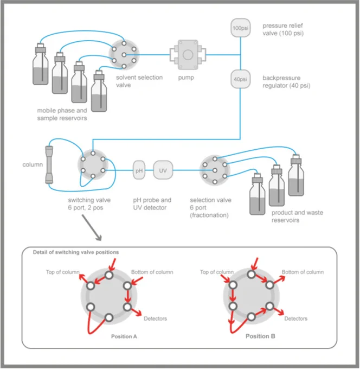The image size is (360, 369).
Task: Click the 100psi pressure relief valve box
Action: pyautogui.click(x=240, y=28)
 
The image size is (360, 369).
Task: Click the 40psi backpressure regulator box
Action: pyautogui.click(x=240, y=79)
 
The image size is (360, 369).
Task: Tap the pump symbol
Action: pyautogui.click(x=188, y=55)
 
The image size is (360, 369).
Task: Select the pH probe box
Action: pyautogui.click(x=139, y=170)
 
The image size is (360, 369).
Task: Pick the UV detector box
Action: pyautogui.click(x=163, y=170)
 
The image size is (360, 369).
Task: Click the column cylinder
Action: pyautogui.click(x=49, y=164)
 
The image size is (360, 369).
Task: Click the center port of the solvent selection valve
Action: pyautogui.click(x=124, y=55)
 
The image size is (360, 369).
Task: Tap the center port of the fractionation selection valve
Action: pyautogui.click(x=215, y=170)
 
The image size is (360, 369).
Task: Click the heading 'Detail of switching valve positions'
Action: pyautogui.click(x=76, y=252)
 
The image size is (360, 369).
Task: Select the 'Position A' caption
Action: pyautogui.click(x=124, y=336)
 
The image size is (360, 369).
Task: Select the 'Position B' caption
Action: pyautogui.click(x=260, y=336)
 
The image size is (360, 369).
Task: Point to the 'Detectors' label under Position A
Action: pyautogui.click(x=155, y=319)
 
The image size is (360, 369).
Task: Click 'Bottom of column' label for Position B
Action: pyautogui.click(x=303, y=272)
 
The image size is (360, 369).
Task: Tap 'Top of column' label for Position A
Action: pyautogui.click(x=63, y=272)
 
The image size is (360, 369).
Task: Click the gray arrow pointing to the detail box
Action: pyautogui.click(x=92, y=227)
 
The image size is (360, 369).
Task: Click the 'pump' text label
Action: pyautogui.click(x=186, y=78)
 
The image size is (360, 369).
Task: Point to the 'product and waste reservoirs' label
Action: pyautogui.click(x=297, y=217)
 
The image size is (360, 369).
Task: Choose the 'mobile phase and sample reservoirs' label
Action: pyautogui.click(x=62, y=114)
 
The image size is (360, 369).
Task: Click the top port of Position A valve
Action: pyautogui.click(x=109, y=275)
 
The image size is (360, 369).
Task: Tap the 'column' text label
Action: pyautogui.click(x=33, y=164)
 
